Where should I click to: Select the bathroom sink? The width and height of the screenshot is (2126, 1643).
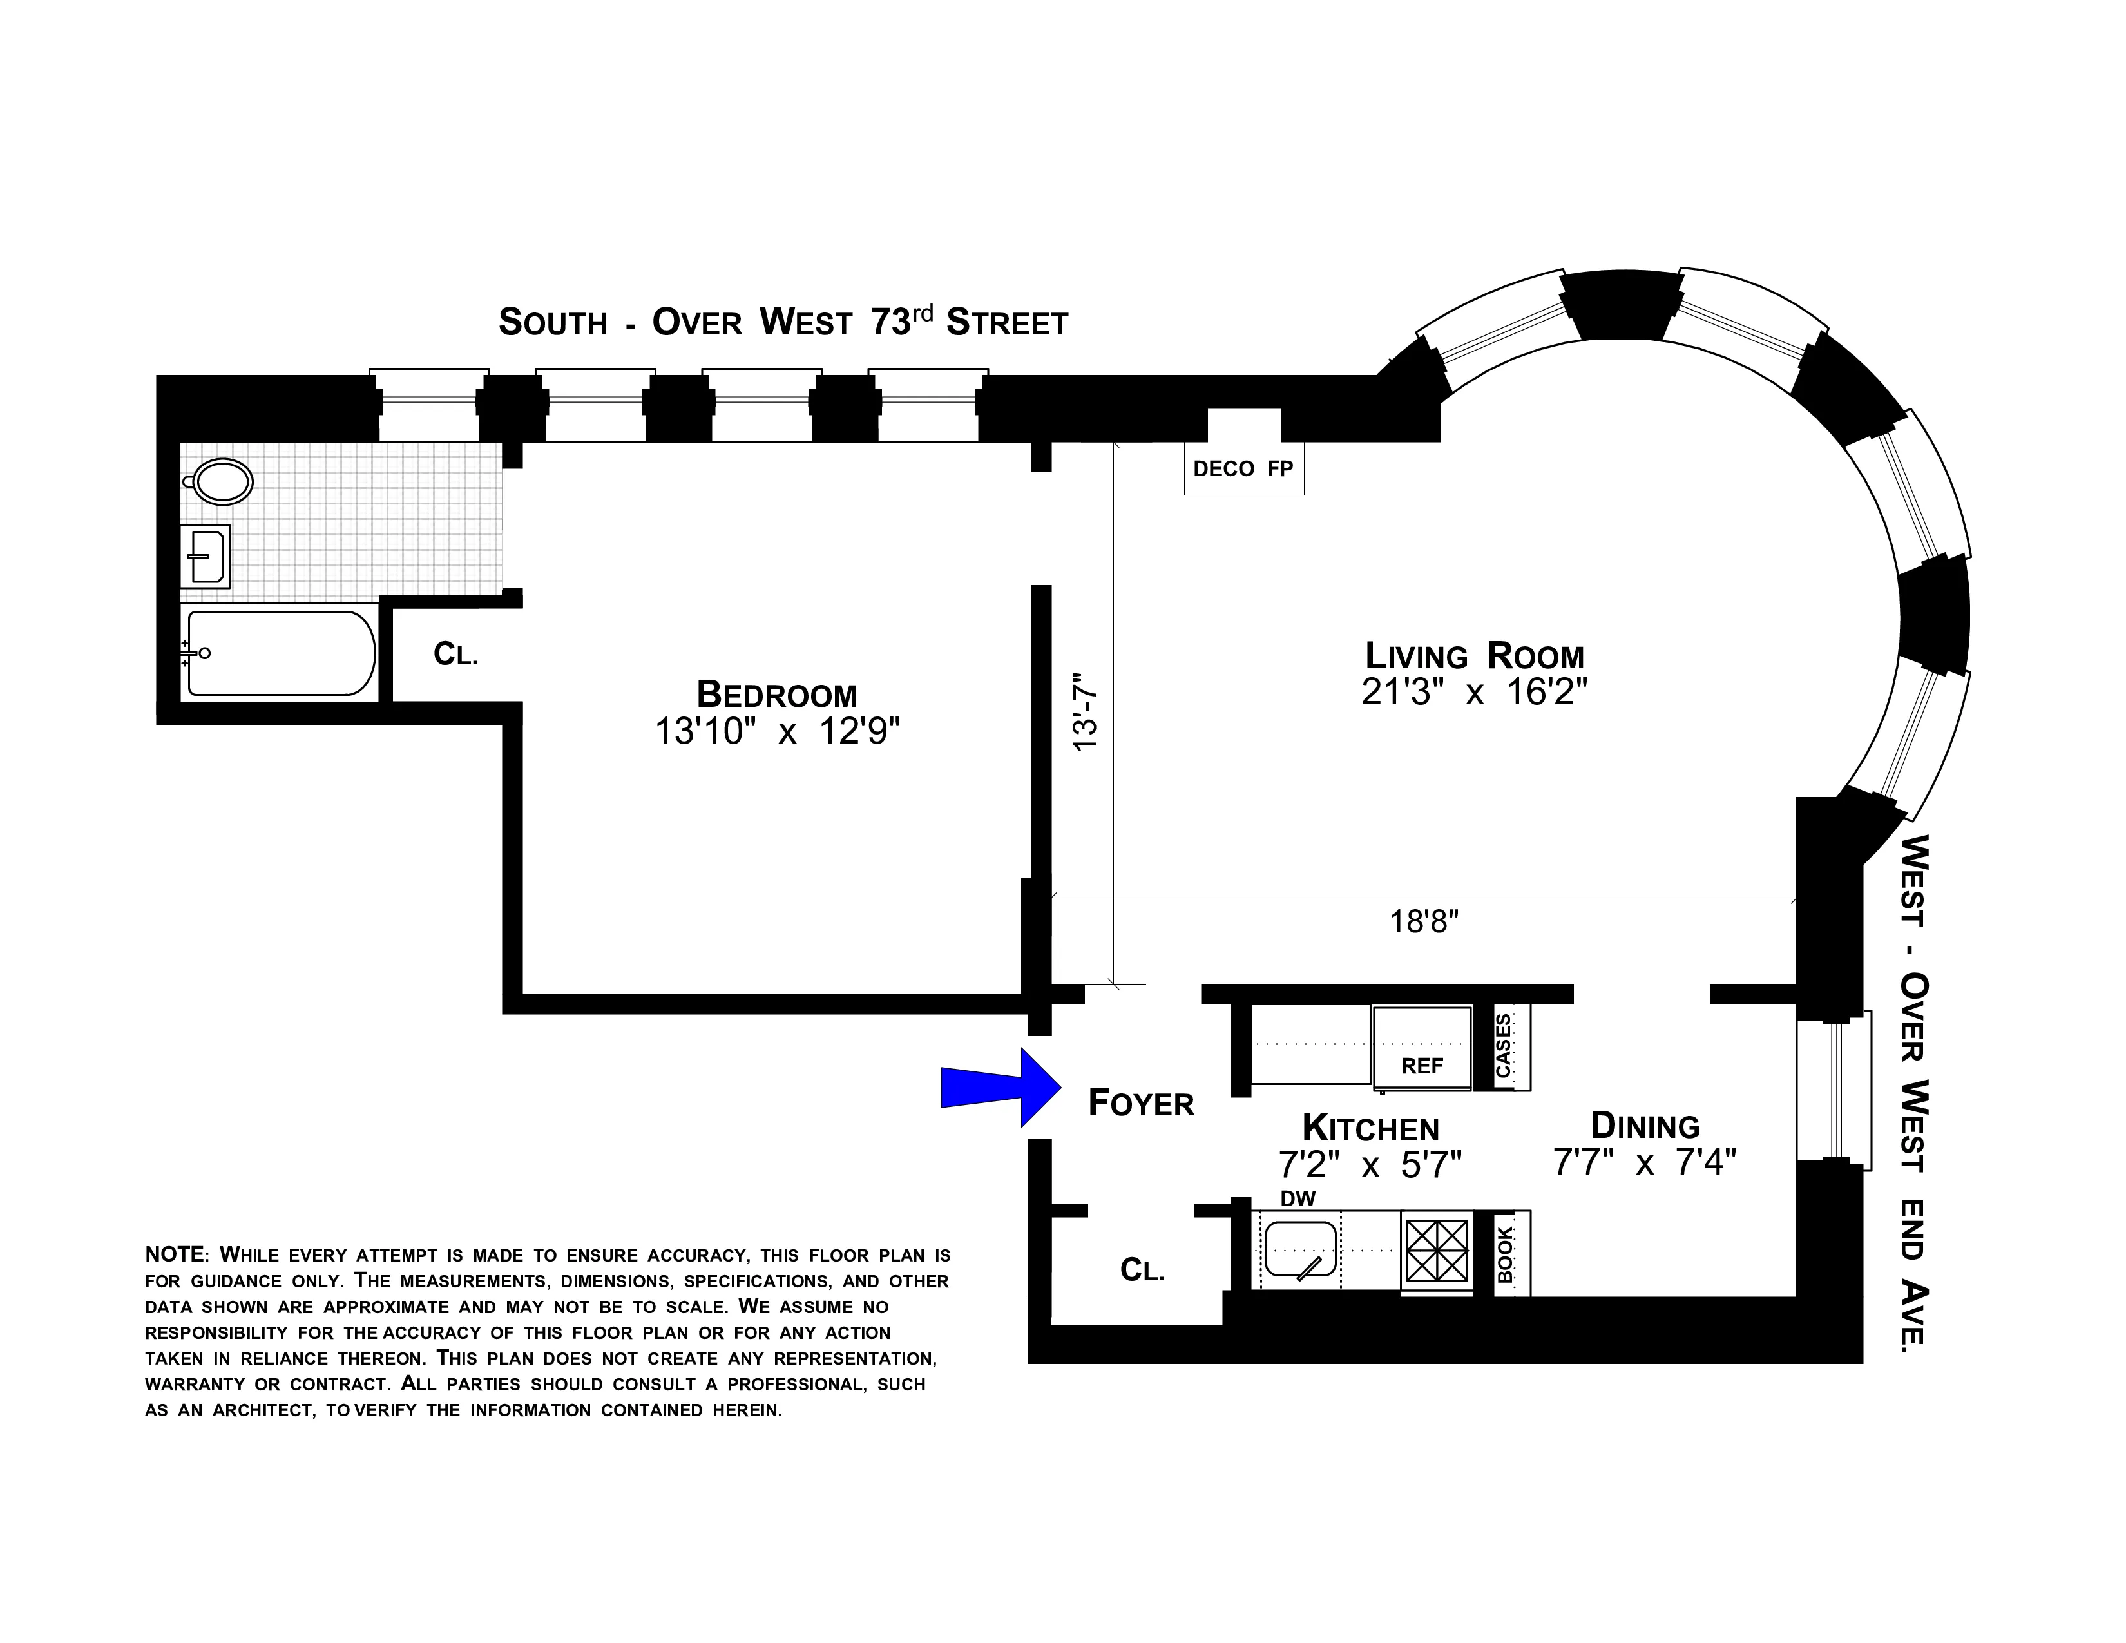click(206, 556)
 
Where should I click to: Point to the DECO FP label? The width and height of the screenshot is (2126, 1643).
click(1243, 469)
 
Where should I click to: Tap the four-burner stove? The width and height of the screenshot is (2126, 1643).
click(1437, 1251)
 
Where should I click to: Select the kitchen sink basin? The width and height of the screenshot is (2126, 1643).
click(1299, 1249)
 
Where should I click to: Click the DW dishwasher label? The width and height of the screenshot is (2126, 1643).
click(1298, 1199)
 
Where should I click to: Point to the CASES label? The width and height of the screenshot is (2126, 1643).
click(1504, 1046)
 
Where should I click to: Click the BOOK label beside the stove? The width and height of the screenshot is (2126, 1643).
click(1505, 1254)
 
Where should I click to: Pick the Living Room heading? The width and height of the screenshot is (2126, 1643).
click(1474, 655)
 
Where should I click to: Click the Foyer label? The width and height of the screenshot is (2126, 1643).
click(1141, 1104)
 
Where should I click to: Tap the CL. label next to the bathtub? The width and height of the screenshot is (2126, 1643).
click(455, 654)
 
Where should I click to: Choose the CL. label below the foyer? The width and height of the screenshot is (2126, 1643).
click(1142, 1269)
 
